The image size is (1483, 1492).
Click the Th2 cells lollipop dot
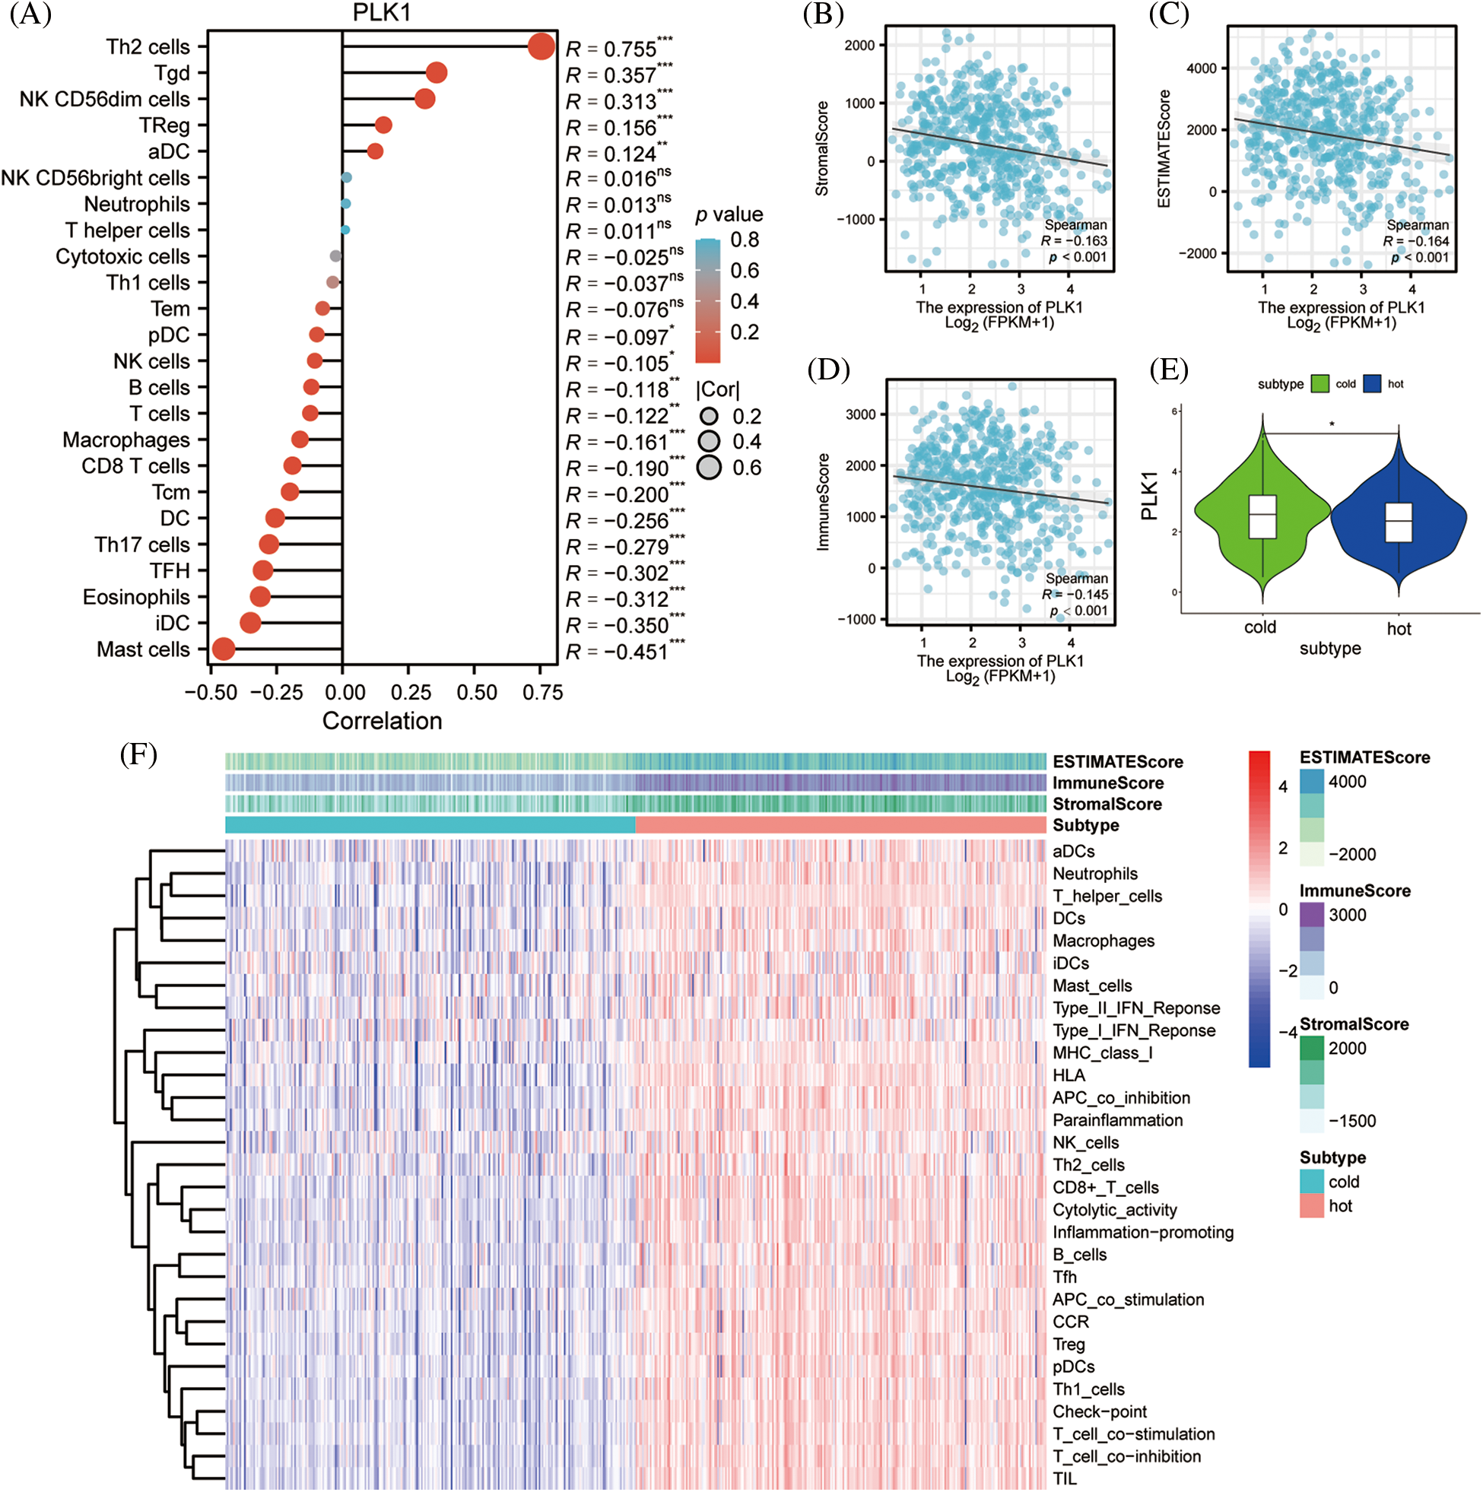click(x=541, y=46)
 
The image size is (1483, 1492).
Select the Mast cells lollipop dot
click(x=224, y=649)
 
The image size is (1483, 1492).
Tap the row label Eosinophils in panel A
click(x=136, y=597)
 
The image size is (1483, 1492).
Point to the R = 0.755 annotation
click(x=619, y=49)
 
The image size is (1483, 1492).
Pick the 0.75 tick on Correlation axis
click(x=542, y=693)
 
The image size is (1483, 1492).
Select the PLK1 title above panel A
click(x=382, y=13)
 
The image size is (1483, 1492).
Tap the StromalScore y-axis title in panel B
click(x=822, y=148)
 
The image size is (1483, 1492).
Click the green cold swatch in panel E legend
click(x=1320, y=384)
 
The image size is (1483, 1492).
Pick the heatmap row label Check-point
click(x=1099, y=1411)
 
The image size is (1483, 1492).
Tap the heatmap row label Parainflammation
click(x=1117, y=1120)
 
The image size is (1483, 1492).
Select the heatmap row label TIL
click(x=1065, y=1478)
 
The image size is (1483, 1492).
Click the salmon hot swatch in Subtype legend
click(x=1312, y=1205)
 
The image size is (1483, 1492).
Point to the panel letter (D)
click(x=828, y=370)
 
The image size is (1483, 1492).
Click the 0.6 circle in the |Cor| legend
click(x=709, y=467)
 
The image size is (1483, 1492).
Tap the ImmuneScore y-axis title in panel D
click(x=824, y=501)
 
